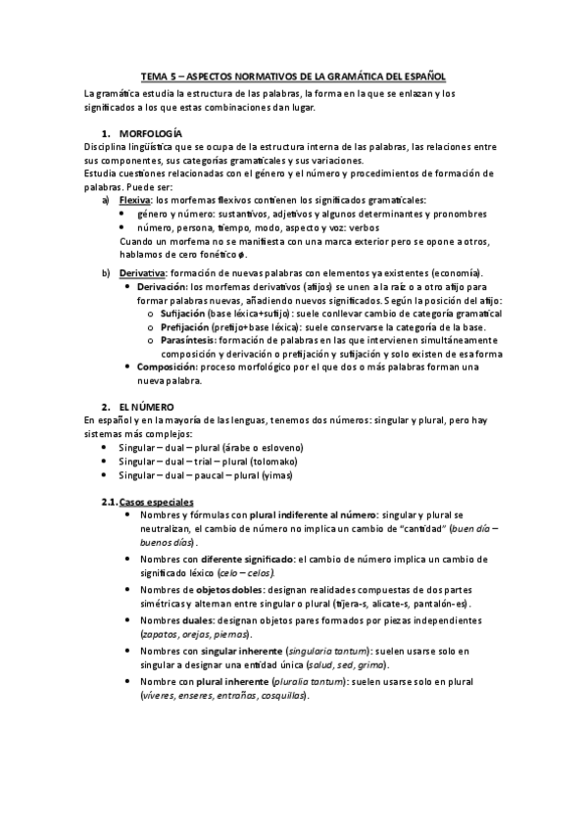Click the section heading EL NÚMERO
(x=145, y=406)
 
